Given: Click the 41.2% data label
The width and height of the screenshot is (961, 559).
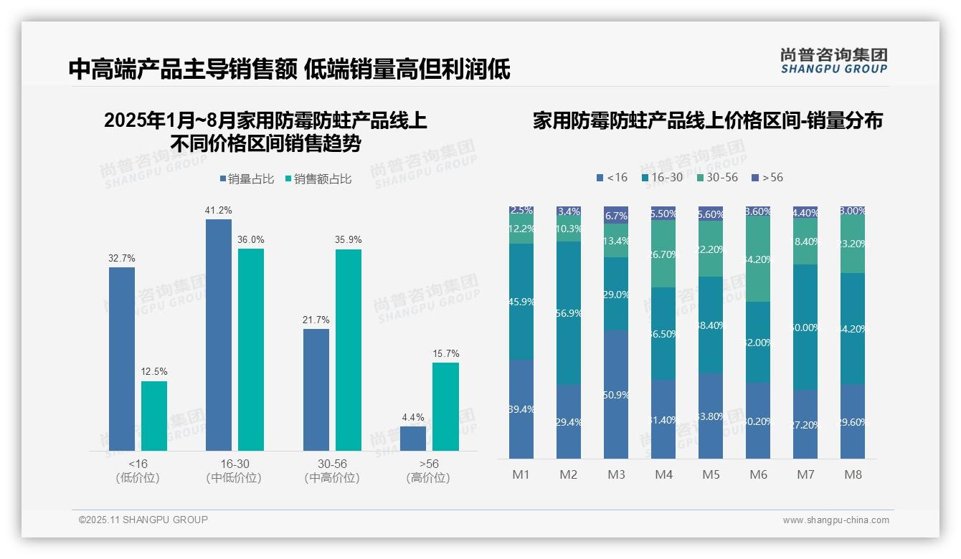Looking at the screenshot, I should (x=219, y=211).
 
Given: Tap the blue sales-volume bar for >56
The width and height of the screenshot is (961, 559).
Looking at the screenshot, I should (x=413, y=439).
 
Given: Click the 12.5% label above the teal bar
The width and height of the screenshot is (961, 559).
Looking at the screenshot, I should (x=154, y=372).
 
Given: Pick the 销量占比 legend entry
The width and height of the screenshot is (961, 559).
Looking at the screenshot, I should (x=246, y=179).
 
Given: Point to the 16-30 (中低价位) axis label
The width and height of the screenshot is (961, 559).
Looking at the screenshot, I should (x=234, y=471).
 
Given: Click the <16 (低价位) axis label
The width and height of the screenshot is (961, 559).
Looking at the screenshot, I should (x=138, y=471).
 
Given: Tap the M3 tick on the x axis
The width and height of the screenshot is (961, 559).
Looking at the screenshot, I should (x=616, y=474).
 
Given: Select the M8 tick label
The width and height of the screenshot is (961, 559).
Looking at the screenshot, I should (x=853, y=474).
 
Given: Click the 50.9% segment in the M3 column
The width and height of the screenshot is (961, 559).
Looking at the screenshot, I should (x=616, y=395).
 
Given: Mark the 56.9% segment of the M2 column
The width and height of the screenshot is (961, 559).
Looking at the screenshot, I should (x=569, y=313).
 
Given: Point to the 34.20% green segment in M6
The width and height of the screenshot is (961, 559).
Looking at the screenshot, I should (x=758, y=259).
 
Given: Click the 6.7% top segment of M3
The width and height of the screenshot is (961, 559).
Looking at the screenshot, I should (x=616, y=216).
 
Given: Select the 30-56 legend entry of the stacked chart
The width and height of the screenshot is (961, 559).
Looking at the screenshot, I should (x=717, y=177).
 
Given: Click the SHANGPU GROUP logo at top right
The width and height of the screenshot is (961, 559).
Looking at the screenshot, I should (x=833, y=61).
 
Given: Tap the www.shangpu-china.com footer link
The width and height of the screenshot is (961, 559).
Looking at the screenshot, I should (x=835, y=520).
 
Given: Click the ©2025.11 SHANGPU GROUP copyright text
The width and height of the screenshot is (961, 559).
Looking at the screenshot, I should (x=143, y=520).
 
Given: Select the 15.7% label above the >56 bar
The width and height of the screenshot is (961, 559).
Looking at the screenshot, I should (x=445, y=354).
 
